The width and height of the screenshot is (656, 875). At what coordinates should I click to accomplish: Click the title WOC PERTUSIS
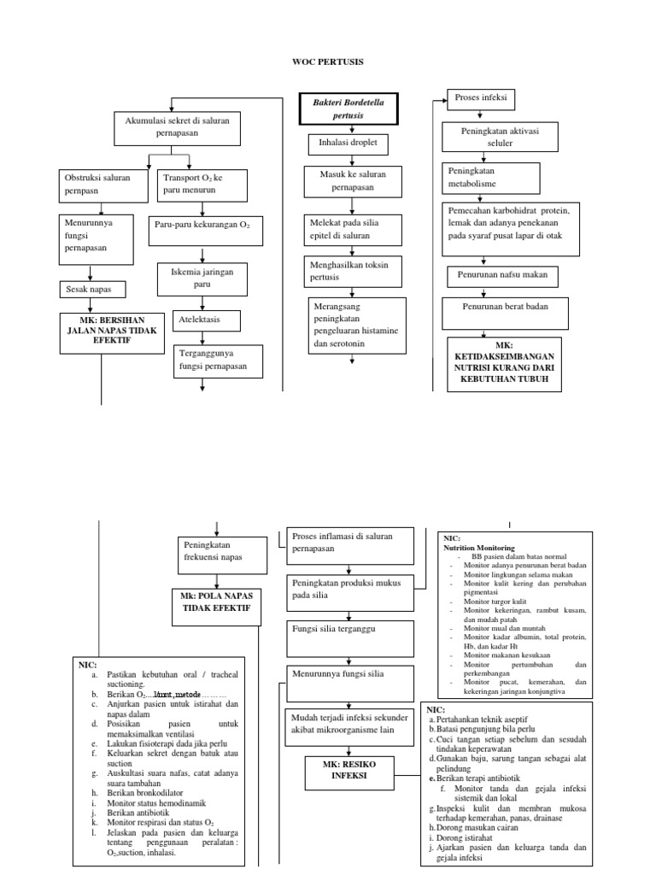tap(327, 63)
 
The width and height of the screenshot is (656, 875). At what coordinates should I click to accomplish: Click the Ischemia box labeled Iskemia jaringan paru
tap(202, 277)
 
